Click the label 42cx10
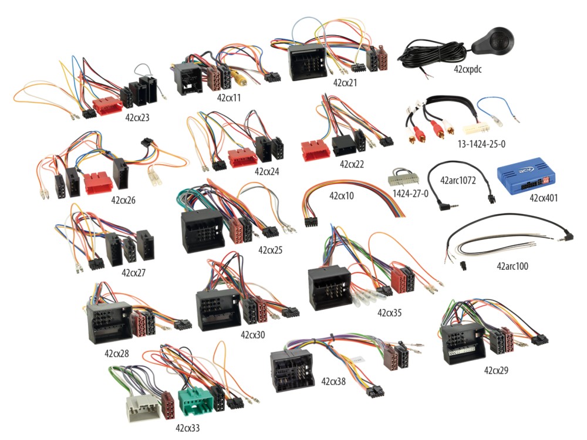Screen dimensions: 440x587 341,195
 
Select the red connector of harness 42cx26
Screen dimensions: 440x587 97,182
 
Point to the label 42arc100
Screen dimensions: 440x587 512,266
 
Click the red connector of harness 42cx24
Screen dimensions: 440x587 243,157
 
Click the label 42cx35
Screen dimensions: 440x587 389,313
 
